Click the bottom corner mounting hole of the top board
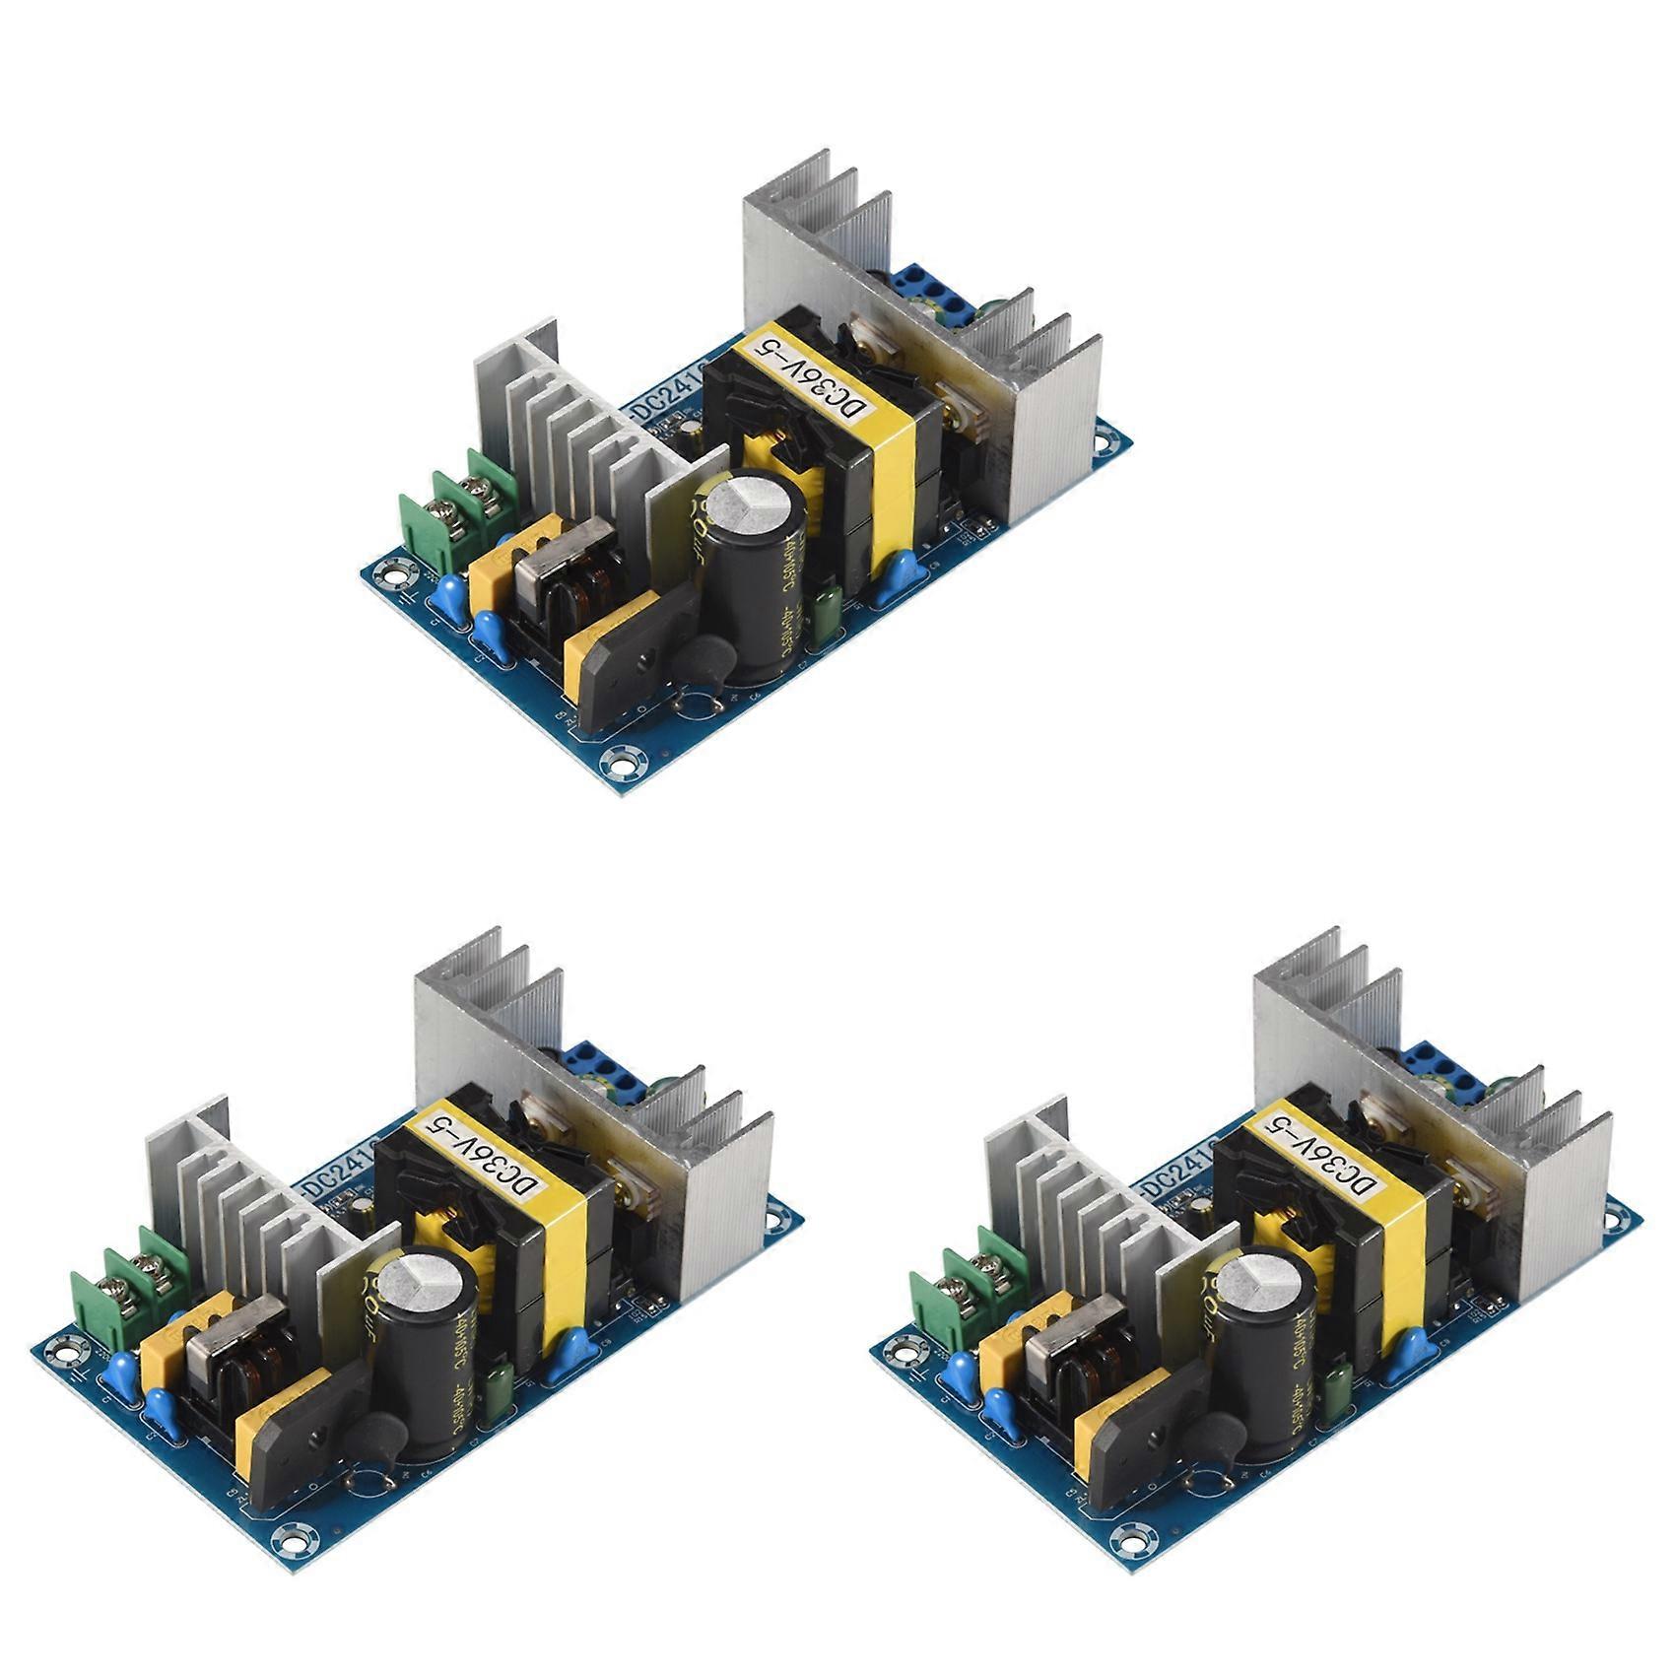pos(622,758)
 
